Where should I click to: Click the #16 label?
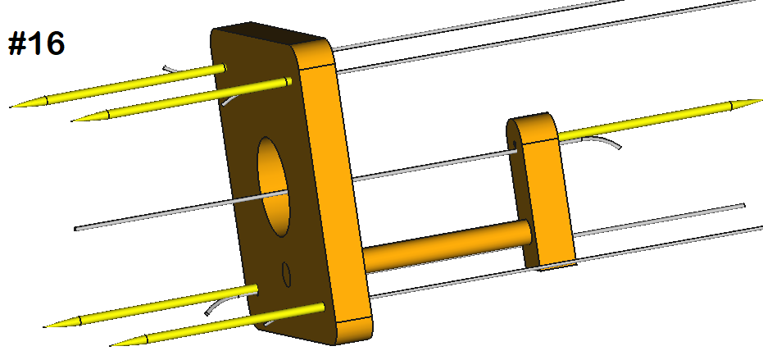click(x=36, y=44)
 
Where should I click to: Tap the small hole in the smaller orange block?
click(x=513, y=148)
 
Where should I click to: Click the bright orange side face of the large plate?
click(x=336, y=189)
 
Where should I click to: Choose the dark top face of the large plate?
click(x=270, y=37)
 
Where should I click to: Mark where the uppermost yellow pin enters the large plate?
click(x=222, y=69)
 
